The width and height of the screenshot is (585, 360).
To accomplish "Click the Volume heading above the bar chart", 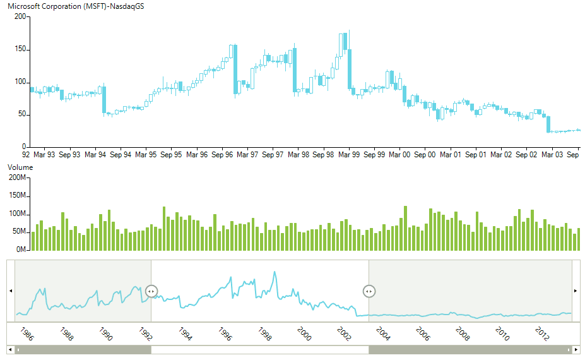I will click(20, 167).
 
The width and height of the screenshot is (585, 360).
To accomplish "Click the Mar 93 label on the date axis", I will click(44, 154).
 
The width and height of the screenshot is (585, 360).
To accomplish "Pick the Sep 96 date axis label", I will click(222, 154).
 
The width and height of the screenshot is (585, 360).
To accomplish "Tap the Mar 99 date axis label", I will click(348, 154).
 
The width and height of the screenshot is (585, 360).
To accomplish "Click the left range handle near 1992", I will click(151, 291).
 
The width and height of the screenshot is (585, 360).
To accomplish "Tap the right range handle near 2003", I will click(369, 291).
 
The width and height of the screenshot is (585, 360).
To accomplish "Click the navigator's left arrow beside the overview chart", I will click(9, 291).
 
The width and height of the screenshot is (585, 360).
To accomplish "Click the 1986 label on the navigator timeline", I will click(27, 334).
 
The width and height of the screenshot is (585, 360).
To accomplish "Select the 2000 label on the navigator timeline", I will click(304, 334).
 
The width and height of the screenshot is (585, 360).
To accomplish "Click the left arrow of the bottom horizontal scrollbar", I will click(9, 350).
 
